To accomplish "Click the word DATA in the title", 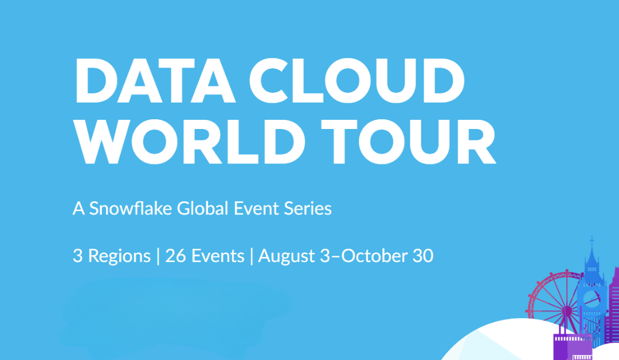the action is pos(155,80).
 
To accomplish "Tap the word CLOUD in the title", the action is pos(357,80).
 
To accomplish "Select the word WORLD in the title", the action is pos(190,142).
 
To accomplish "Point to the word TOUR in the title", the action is pos(408,142).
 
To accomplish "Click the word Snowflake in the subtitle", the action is pos(130,208).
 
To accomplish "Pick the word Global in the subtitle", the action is pos(202,208).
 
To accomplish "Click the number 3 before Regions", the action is pos(78,256).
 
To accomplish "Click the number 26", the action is pos(176,256).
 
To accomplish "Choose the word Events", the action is pos(218,256).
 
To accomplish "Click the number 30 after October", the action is pos(423,256).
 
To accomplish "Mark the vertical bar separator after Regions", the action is pos(158,256).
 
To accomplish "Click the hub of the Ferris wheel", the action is pos(567,311).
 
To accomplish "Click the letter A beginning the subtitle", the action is pos(79,209).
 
